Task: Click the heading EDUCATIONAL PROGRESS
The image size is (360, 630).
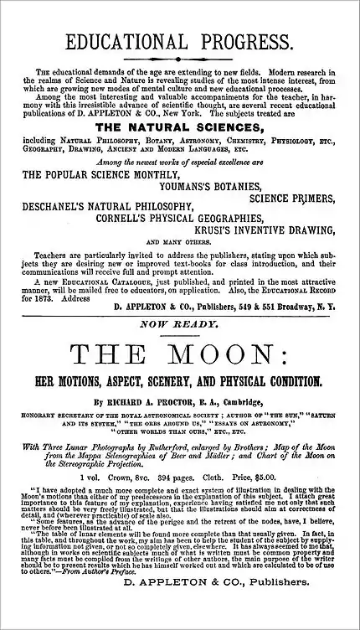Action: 179,43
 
